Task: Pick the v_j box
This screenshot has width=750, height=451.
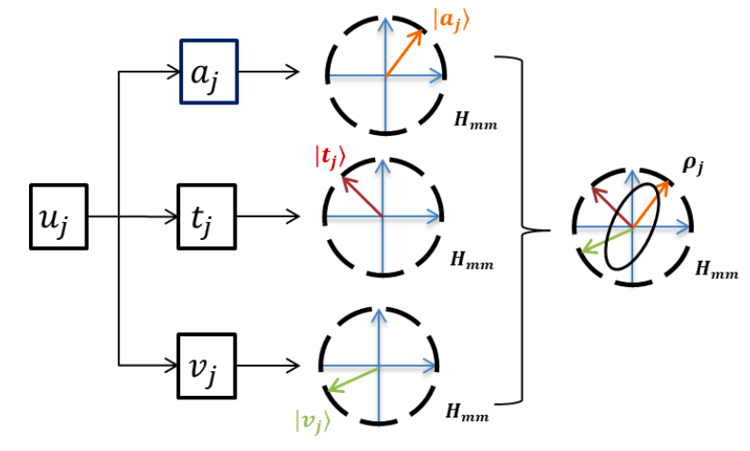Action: pos(207,366)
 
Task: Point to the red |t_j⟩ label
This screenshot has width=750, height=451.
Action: pos(330,157)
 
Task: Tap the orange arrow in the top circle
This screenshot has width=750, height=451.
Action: pos(405,53)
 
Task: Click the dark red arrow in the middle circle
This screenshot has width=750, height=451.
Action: pos(362,196)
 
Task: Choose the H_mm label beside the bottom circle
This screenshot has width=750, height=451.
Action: pos(466,415)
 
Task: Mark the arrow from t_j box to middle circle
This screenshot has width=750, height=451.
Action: pos(267,217)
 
